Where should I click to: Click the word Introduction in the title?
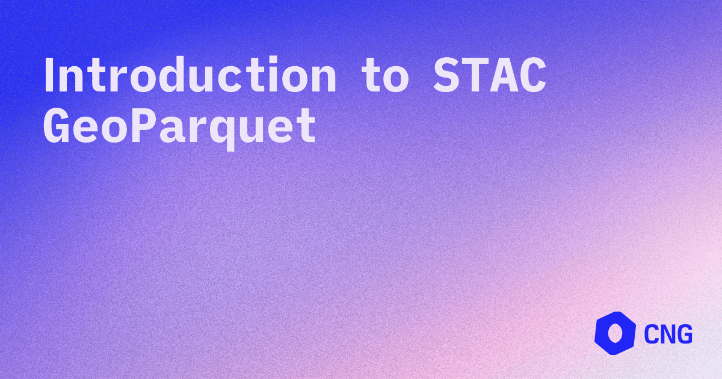click(x=190, y=77)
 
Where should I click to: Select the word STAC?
click(x=489, y=77)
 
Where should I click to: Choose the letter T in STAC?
click(x=475, y=77)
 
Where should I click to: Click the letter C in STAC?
click(x=532, y=77)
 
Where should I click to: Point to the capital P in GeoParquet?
click(x=147, y=126)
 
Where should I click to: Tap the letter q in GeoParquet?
click(x=236, y=129)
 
